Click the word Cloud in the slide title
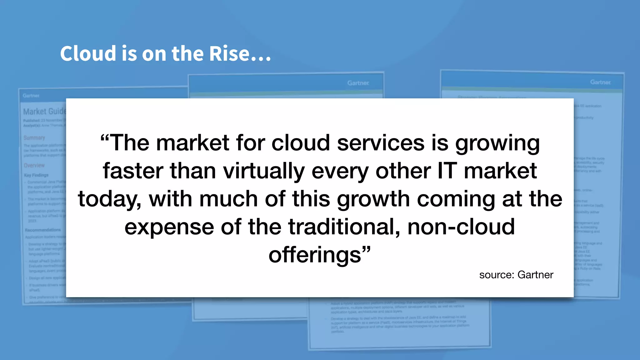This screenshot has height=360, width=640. coord(88,53)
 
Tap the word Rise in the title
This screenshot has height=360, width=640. coord(229,53)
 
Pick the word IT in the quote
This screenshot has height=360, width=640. coord(447,171)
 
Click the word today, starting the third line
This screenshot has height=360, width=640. coord(109,199)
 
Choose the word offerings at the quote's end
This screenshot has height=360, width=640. coord(315,255)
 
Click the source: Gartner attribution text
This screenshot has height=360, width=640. coord(516,275)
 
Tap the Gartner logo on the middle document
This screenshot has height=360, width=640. coord(358,83)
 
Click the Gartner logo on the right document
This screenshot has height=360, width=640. coord(600,82)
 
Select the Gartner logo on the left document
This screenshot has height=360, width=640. coord(31,96)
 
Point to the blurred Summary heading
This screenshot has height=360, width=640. coord(34,137)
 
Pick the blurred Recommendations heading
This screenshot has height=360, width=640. coord(43,230)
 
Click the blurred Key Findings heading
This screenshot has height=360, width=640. coord(36,175)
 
